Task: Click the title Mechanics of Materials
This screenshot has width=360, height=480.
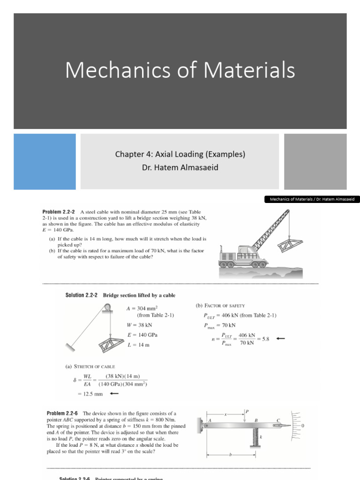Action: click(180, 70)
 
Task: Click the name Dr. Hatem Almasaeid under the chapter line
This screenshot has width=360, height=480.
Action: click(180, 167)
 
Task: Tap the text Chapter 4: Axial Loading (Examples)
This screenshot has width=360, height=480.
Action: click(180, 154)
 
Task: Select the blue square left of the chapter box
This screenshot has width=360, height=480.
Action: click(45, 162)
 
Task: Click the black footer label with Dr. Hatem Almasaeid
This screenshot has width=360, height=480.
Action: click(311, 199)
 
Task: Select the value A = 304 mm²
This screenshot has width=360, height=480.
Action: click(141, 308)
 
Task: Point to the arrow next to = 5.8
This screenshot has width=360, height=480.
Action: click(280, 338)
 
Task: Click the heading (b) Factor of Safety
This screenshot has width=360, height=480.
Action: click(220, 306)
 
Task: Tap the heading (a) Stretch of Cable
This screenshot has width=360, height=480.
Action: click(90, 366)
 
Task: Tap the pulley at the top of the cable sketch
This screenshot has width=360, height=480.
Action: click(108, 307)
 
